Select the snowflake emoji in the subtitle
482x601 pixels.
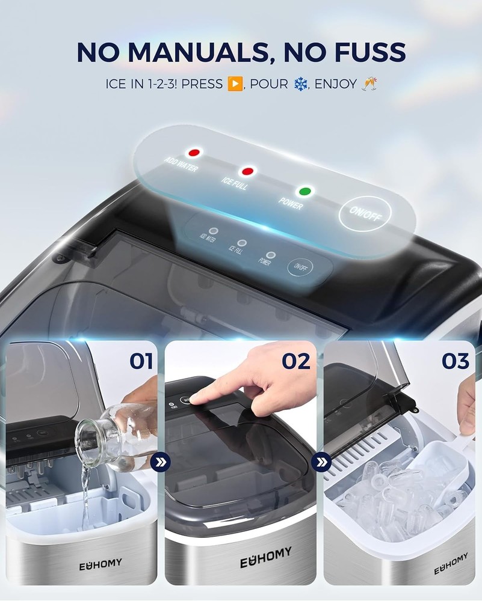(x=300, y=84)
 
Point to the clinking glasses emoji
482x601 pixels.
(x=369, y=84)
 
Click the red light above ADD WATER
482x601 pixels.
(x=194, y=152)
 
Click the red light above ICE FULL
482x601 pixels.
(x=247, y=171)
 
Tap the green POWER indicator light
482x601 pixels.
(x=306, y=192)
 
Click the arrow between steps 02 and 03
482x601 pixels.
(x=320, y=463)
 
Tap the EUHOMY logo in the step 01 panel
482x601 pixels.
(x=100, y=563)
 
